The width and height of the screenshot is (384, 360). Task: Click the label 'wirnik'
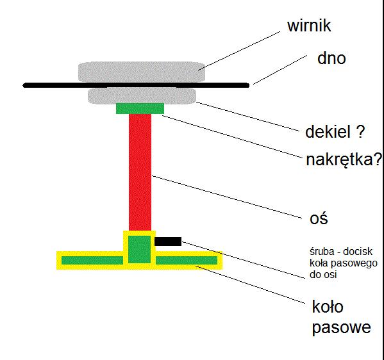coord(309,26)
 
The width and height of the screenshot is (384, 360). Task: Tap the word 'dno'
coord(331,58)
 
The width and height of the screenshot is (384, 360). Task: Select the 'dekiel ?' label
coord(335,132)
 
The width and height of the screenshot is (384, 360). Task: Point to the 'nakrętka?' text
coord(344,160)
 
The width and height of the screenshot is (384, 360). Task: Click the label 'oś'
coord(319,218)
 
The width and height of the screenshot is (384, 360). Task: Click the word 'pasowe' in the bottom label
coord(342,327)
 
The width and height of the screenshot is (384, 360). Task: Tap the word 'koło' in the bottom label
coord(328,306)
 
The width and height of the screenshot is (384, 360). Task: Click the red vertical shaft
coord(140,172)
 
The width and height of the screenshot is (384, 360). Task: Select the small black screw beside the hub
coord(168,241)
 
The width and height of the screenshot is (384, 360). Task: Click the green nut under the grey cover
coord(140,108)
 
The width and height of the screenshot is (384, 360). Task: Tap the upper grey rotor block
coord(142,72)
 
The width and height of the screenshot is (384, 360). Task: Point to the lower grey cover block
coord(142,96)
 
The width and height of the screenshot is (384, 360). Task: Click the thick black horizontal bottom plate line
coord(136,85)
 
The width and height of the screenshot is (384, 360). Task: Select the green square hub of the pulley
coord(140,249)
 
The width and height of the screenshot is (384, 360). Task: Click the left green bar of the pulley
coord(92,261)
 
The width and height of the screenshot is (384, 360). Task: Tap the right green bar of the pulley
coord(187,261)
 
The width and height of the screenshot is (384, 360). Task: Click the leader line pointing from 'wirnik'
coord(239,51)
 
